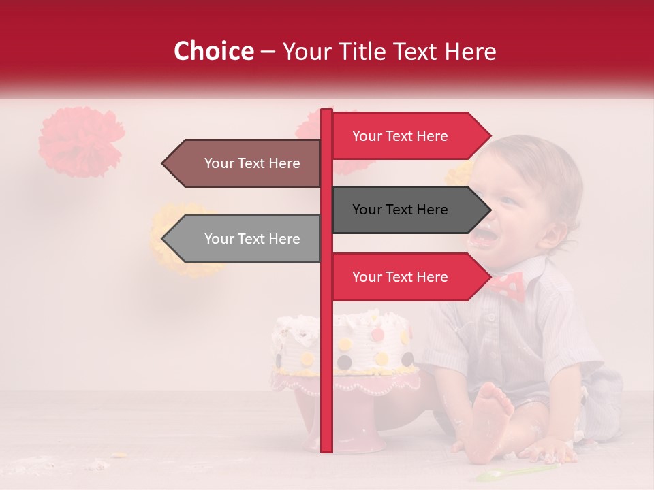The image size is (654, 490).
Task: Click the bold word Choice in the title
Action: click(213, 51)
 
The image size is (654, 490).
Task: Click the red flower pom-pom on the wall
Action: click(80, 141)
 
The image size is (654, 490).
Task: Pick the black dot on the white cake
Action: click(345, 361)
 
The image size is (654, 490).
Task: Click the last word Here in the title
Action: click(471, 51)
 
